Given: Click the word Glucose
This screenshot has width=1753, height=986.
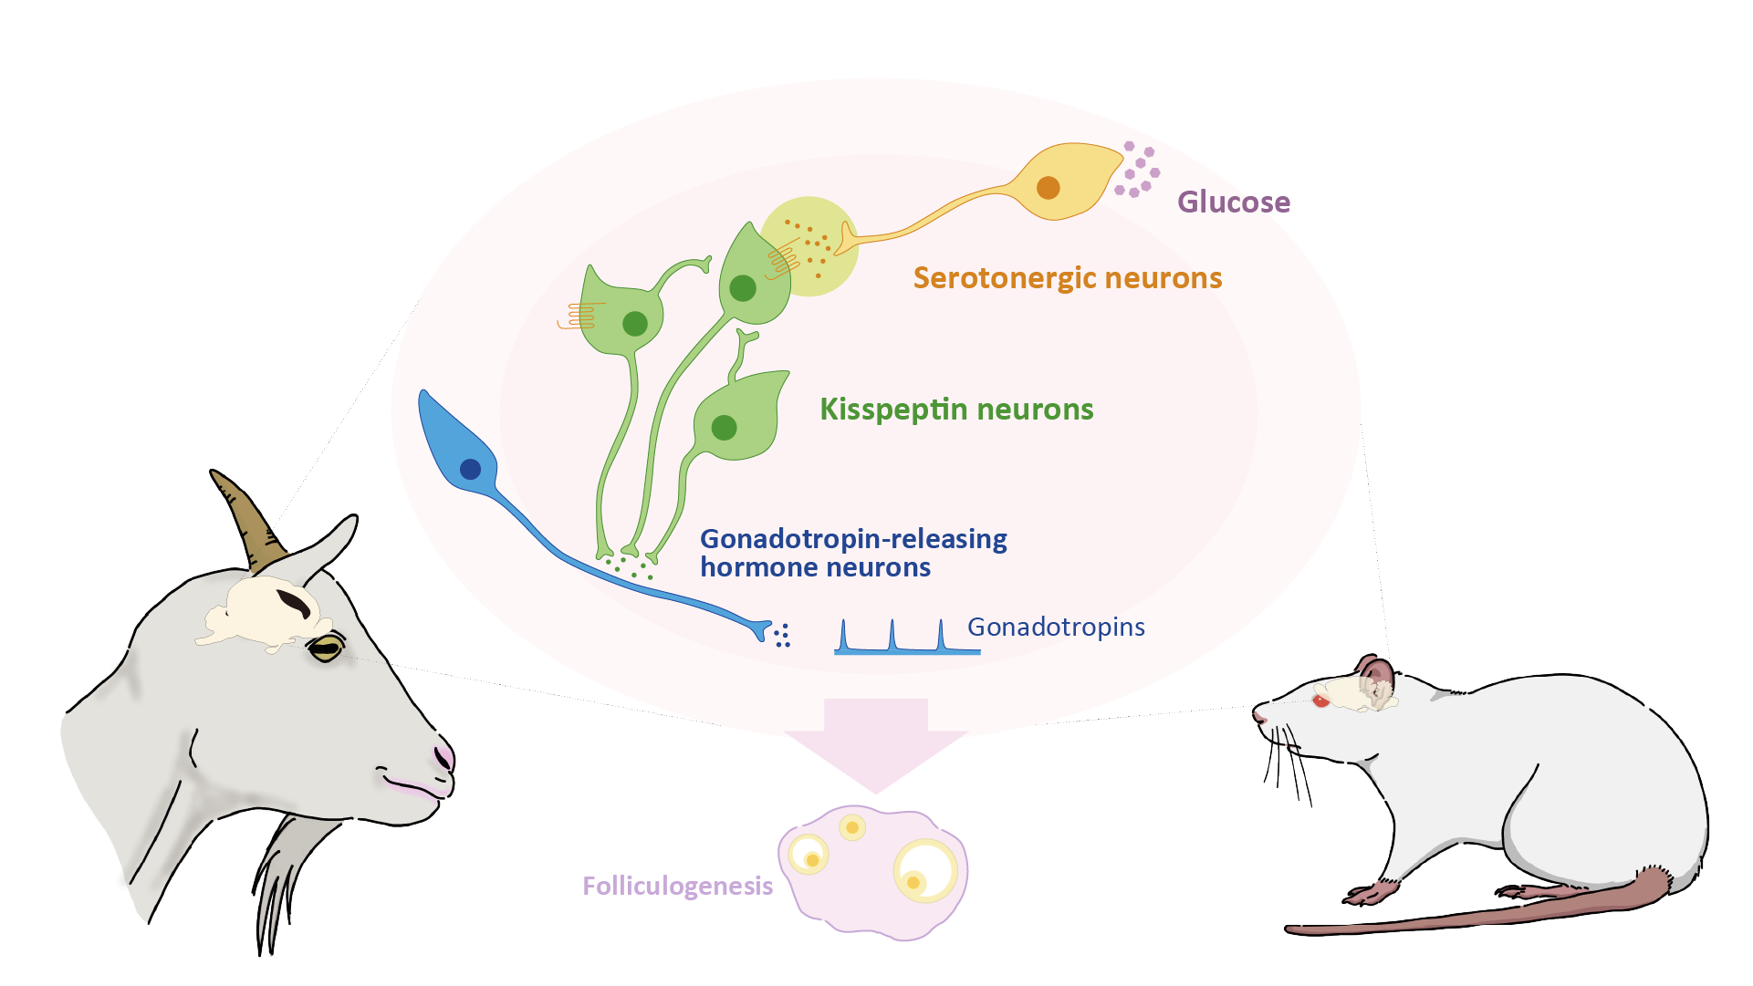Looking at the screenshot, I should click(1233, 202).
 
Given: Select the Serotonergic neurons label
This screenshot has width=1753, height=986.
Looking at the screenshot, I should click(1067, 277).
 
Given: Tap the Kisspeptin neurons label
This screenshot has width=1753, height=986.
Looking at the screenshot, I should click(956, 409).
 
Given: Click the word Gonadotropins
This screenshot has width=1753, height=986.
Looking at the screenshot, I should click(1056, 627).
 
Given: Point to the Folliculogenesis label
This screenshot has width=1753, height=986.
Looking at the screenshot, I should click(677, 886).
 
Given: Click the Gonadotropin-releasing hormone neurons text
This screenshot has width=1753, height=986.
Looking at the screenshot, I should click(852, 553).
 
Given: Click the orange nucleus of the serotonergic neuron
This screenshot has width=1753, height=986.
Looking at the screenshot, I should click(1048, 187).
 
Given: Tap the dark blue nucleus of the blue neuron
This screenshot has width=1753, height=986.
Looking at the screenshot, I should click(470, 469).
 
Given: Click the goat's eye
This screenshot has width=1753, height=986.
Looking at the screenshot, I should click(326, 649).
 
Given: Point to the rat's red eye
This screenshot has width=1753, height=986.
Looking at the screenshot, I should click(1320, 701).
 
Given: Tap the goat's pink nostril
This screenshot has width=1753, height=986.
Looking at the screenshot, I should click(444, 758).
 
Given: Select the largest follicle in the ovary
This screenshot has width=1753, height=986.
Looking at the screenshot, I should click(925, 871).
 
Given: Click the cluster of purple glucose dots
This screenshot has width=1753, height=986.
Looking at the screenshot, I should click(1137, 170).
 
